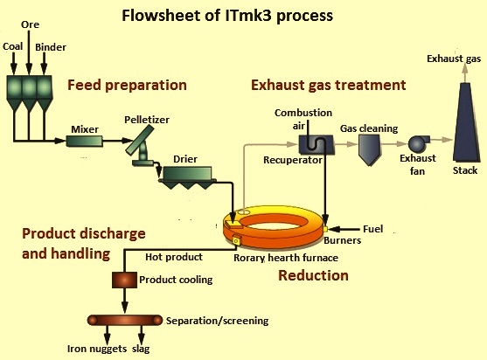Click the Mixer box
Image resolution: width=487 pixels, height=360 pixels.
pos(85,141)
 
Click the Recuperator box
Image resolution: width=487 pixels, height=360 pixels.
pos(317,144)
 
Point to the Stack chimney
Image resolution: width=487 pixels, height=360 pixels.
pos(464,121)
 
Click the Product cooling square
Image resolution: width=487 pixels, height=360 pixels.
pos(124,280)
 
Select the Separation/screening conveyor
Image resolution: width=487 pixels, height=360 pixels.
pos(125,320)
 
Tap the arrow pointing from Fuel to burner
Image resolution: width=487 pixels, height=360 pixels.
pos(344,229)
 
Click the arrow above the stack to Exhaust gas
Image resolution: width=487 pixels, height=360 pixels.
pos(464,73)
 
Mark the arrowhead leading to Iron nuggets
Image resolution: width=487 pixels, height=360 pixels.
pos(108,338)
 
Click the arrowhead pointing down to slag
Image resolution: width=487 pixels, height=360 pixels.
pos(142,338)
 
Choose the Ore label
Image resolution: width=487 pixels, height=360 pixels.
pos(30,24)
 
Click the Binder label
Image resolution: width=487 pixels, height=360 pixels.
pos(51,47)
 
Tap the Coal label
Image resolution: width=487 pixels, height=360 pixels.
pos(13,46)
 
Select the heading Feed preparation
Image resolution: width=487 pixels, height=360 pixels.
pos(127,85)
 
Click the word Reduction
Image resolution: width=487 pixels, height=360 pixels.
pos(313,275)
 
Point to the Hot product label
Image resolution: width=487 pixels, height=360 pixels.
pos(174,257)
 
